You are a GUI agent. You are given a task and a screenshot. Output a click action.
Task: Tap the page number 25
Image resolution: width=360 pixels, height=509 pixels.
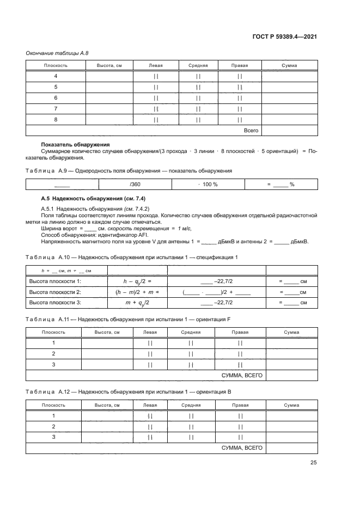(313, 463)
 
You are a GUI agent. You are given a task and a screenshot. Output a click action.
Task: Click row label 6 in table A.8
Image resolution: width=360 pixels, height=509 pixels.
(56, 97)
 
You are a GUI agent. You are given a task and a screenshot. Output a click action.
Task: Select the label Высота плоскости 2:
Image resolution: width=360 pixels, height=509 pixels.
(54, 292)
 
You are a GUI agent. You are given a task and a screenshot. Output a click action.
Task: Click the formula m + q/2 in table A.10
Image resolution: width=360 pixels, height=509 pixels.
(137, 302)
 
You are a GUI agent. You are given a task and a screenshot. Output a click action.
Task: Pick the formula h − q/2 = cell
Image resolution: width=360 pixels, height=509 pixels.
(137, 281)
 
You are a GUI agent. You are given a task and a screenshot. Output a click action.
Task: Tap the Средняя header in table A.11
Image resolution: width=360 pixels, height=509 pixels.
(191, 332)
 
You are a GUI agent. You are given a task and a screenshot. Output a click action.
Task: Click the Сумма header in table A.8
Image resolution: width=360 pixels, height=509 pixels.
(289, 65)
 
